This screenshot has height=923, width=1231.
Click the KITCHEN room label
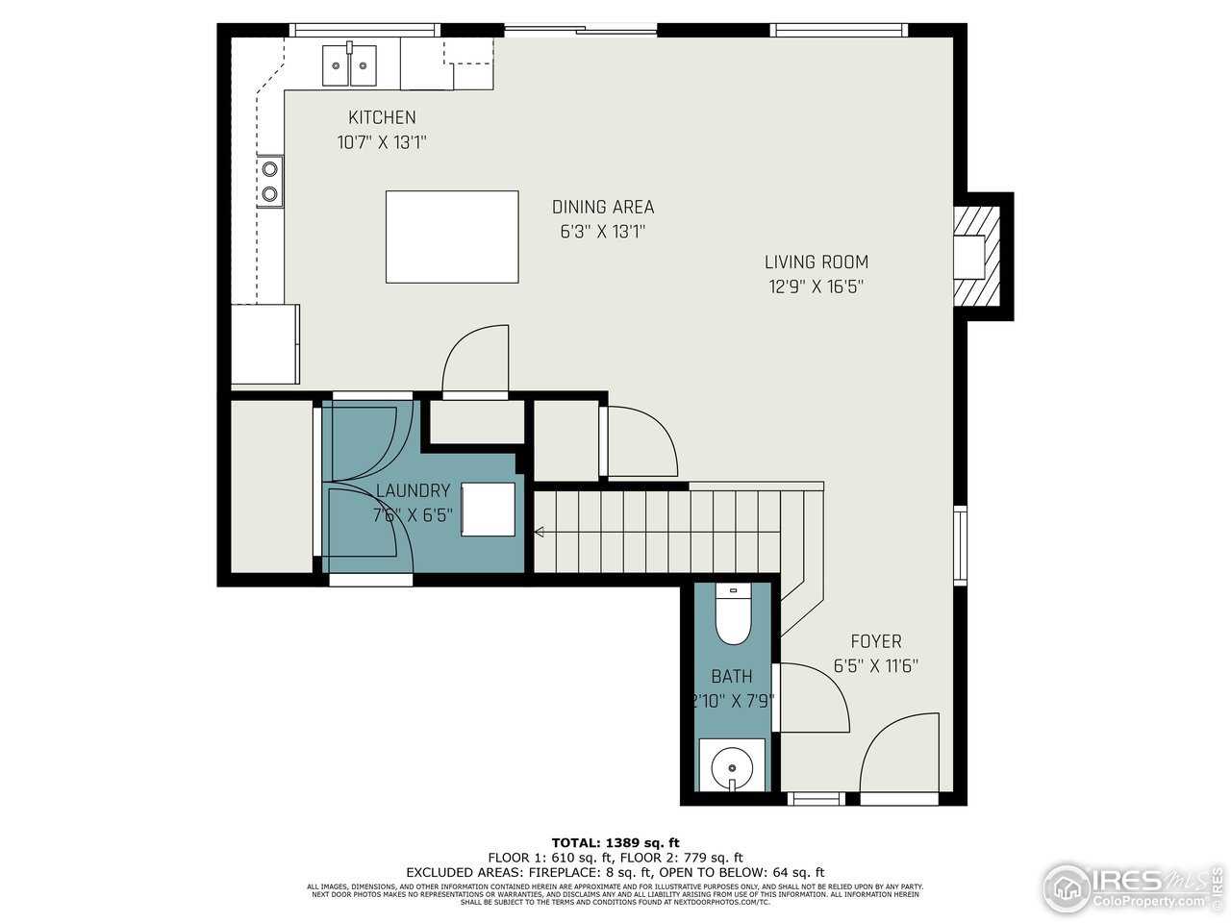pos(382,117)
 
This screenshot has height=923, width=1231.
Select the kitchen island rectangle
pos(452,237)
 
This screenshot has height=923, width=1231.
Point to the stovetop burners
pos(270,182)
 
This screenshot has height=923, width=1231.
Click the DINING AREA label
pos(603,207)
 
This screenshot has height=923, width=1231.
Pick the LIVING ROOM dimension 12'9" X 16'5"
pos(816,286)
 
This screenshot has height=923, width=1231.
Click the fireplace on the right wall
pos(979,257)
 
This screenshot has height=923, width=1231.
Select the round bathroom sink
pos(733,768)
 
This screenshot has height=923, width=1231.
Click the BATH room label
pos(732,676)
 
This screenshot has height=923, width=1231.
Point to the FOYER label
pos(876,641)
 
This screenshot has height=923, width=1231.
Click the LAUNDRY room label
pos(413,490)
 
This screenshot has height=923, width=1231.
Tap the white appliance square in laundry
pos(489,509)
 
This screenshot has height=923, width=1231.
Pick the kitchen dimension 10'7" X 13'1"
pos(382,142)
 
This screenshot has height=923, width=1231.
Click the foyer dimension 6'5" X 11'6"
pos(875,665)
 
